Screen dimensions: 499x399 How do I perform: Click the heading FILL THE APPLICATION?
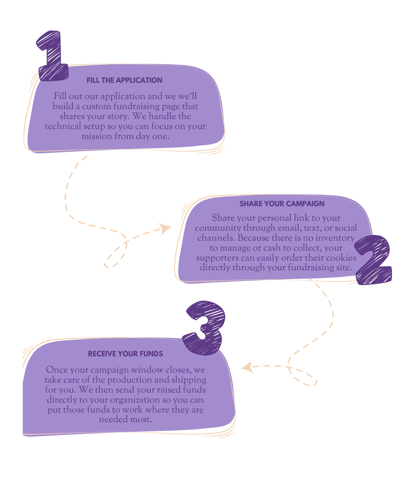click(125, 80)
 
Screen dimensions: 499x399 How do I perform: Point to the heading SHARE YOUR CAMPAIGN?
click(282, 204)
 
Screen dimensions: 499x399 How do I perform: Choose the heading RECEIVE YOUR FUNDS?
click(125, 354)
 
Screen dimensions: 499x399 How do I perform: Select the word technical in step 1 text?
click(63, 126)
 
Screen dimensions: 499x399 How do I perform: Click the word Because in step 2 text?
click(255, 238)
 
